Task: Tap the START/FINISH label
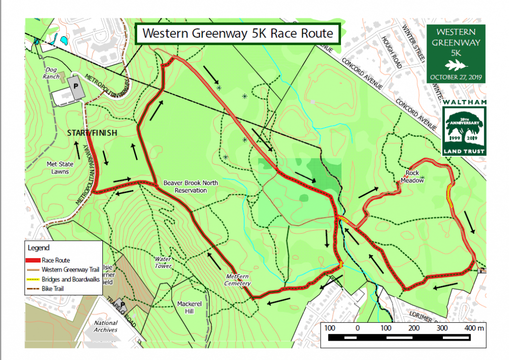pos(92,133)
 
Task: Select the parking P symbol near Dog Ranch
pos(76,86)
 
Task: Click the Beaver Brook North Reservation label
pos(191,186)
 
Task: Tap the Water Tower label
pos(163,262)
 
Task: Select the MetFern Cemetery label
pos(237,280)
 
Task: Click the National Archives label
pos(105,326)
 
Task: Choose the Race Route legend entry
pos(56,260)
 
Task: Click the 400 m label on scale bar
pos(474,329)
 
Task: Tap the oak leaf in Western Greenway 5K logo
pos(456,65)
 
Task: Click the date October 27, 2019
pos(456,77)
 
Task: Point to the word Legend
pos(38,247)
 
